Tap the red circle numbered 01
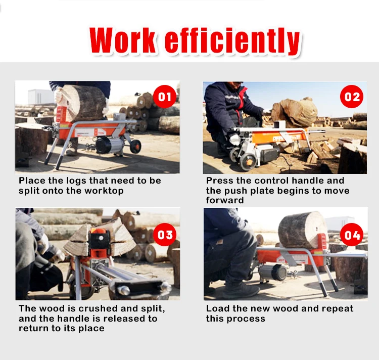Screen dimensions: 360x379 pyautogui.click(x=165, y=97)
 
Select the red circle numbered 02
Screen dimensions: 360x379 pyautogui.click(x=352, y=96)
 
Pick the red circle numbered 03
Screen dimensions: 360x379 pyautogui.click(x=165, y=235)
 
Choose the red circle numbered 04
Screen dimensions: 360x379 pyautogui.click(x=352, y=235)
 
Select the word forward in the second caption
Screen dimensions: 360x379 pyautogui.click(x=224, y=200)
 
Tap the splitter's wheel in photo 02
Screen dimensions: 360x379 pyautogui.click(x=248, y=161)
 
